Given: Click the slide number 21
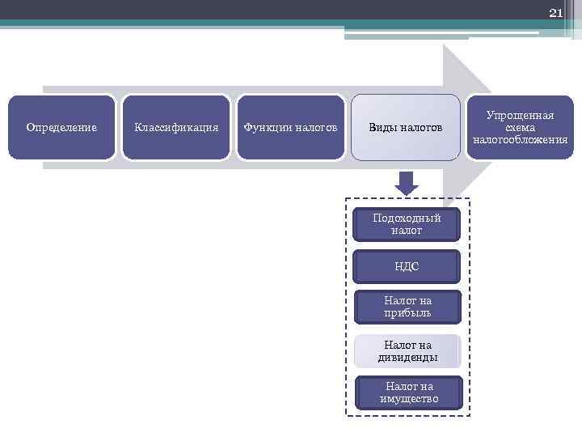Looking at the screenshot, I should point(555,13).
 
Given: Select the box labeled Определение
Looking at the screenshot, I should point(61,127).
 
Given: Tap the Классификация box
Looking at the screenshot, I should point(176,127).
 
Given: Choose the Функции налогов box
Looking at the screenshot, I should point(290,127).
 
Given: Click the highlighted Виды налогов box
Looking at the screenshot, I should point(406,127).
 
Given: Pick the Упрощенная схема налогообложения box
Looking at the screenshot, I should point(520,127).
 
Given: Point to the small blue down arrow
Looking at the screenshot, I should point(407,182).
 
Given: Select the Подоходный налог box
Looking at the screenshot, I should point(407,224).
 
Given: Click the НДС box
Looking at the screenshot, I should point(407,266).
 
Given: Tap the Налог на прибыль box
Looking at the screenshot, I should point(407,307).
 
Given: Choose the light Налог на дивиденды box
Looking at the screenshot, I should point(407,351).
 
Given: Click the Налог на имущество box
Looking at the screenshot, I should point(409,392).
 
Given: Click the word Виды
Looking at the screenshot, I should point(384,127).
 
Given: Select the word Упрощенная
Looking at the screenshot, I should point(520,116).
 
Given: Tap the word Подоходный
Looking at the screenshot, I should point(407,218).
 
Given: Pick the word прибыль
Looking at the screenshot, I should point(407,312).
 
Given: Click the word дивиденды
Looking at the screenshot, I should point(407,357).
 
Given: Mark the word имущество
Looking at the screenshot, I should point(409,398).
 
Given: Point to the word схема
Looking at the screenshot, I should point(520,128).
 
